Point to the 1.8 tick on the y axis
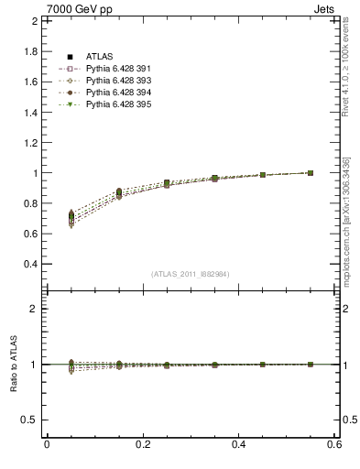pyautogui.click(x=30, y=51)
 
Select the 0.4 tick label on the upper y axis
pyautogui.click(x=30, y=264)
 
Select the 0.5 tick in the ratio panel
pyautogui.click(x=30, y=420)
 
